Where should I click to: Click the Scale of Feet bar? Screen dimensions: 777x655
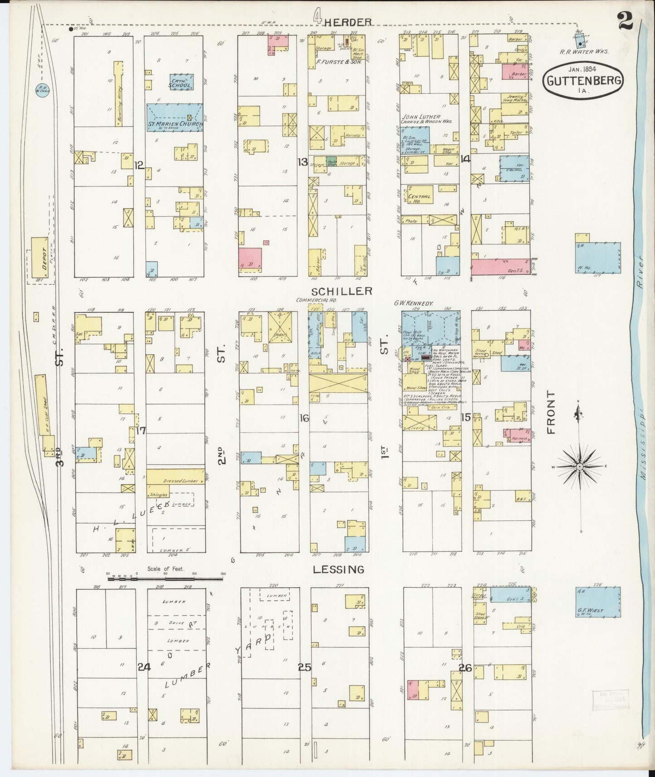[x=165, y=579]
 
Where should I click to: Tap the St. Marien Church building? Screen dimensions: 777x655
[x=174, y=117]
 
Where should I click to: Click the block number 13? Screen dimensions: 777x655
[x=302, y=161]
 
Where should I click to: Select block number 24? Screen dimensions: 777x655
[x=145, y=666]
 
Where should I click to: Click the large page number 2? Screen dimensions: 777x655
[x=626, y=21]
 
